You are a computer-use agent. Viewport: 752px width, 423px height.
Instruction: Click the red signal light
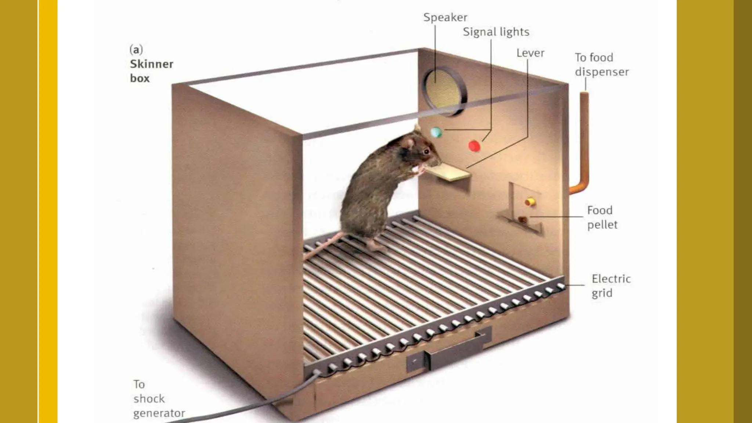click(x=474, y=146)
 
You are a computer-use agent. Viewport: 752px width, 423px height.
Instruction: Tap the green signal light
click(x=436, y=132)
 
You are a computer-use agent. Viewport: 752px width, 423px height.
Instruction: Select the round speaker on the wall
click(x=444, y=90)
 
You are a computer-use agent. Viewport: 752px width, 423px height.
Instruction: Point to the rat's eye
click(x=426, y=151)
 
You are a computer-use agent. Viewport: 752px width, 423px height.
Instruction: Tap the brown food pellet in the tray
click(x=522, y=220)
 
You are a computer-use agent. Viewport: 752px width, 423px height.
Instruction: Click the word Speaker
click(x=445, y=17)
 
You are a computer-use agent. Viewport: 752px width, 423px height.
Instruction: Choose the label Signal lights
click(x=496, y=32)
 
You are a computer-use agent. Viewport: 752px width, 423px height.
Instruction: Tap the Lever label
click(x=530, y=53)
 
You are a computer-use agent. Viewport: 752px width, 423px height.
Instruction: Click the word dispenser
click(x=601, y=72)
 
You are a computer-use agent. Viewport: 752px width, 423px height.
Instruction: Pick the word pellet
click(x=602, y=224)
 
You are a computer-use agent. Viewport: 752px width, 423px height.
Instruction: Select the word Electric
click(x=611, y=279)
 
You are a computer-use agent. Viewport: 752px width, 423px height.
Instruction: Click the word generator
click(x=159, y=413)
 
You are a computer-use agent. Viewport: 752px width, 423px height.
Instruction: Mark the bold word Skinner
click(x=151, y=64)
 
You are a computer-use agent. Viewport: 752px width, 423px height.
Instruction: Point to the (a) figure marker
click(x=136, y=49)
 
